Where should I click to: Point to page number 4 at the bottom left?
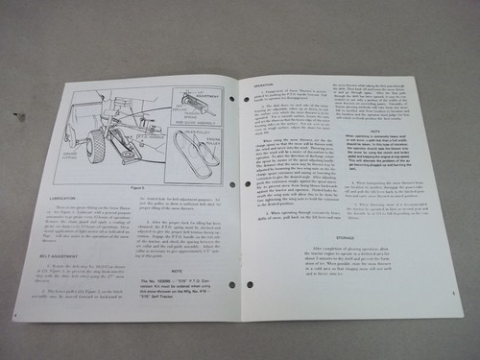[16, 340]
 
